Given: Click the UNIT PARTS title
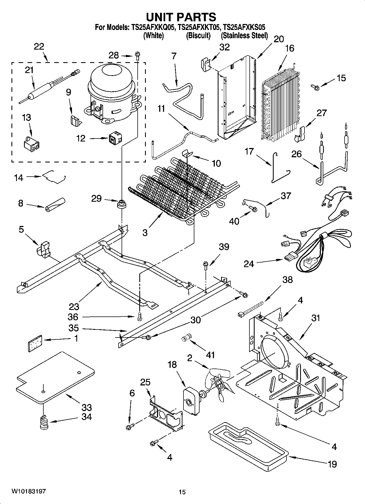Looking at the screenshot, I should (x=181, y=17).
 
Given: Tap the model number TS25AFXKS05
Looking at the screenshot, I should (x=244, y=27).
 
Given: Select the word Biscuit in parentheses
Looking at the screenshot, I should (x=198, y=36).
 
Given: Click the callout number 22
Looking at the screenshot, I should (x=39, y=46).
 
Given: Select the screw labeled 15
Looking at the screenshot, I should (x=315, y=87).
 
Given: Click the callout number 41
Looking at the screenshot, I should (x=210, y=355).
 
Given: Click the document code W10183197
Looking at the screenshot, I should (x=28, y=491).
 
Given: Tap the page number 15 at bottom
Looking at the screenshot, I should (x=182, y=492).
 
